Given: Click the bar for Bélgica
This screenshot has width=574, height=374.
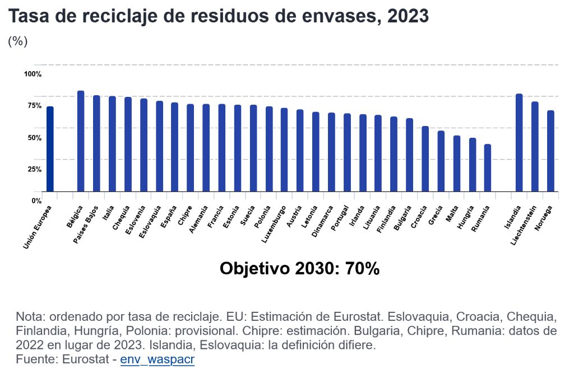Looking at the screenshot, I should (81, 141).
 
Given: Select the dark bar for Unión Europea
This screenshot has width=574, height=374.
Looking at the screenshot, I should (50, 149).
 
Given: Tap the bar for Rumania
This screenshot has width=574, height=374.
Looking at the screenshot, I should (488, 168).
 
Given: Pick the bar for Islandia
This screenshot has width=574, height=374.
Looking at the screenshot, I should (519, 143).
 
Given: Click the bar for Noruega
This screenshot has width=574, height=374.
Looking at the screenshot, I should (550, 151).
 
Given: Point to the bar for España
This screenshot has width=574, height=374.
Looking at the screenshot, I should (175, 147).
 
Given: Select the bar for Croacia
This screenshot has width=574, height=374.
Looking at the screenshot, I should (425, 159).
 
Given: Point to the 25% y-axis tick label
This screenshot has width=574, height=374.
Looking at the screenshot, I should (33, 169).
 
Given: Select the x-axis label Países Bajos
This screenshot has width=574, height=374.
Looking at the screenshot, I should (87, 224).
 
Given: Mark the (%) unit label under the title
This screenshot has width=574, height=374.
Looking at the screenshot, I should (18, 41).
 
